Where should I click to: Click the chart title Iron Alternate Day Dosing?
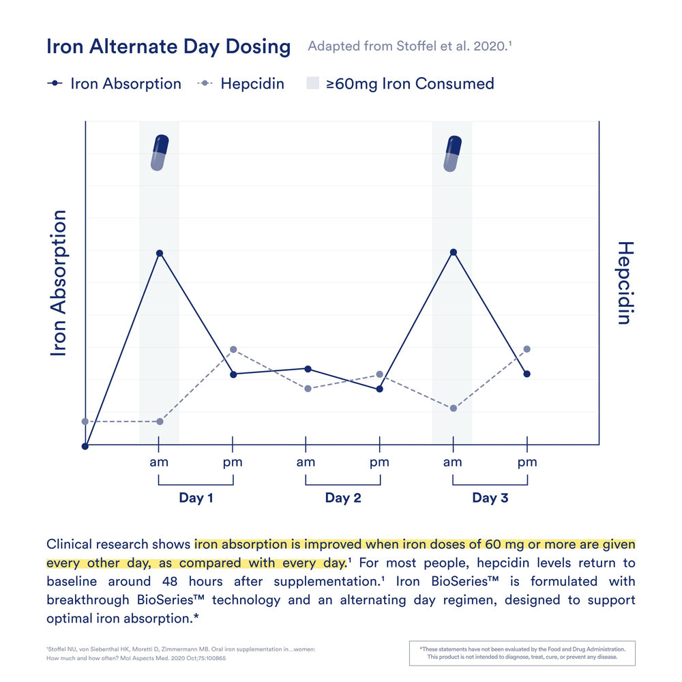[168, 46]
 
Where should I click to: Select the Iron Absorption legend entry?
[114, 84]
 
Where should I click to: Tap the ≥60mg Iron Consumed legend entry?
[400, 84]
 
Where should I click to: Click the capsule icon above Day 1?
[160, 152]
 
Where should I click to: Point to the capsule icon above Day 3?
[453, 153]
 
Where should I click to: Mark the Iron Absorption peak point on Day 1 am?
[160, 253]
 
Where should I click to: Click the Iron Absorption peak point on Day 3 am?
[454, 252]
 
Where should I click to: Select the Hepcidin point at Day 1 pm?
[233, 349]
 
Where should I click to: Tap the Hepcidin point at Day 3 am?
[454, 408]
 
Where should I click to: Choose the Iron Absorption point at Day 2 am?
[308, 369]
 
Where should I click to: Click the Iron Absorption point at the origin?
[85, 446]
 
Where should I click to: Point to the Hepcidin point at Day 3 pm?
[527, 349]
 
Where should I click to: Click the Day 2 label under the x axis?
[343, 498]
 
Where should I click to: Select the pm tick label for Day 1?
[233, 462]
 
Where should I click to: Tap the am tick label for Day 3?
[453, 462]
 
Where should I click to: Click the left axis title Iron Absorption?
[59, 282]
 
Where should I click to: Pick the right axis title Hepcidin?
[624, 282]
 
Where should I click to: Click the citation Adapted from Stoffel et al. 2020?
[409, 46]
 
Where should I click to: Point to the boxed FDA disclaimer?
[522, 653]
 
